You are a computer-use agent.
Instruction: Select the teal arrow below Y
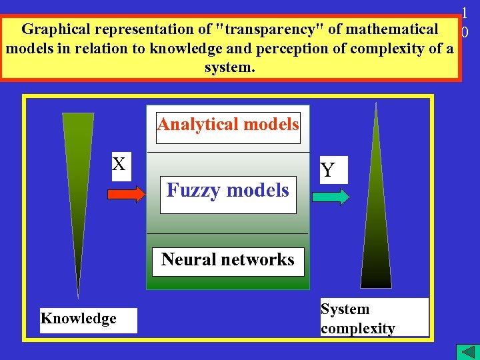(330, 197)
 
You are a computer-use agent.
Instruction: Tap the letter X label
(119, 164)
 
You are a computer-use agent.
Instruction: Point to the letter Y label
(327, 171)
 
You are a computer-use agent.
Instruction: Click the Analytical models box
(228, 125)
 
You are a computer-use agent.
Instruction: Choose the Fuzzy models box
(228, 191)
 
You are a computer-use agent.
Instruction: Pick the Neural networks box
(228, 260)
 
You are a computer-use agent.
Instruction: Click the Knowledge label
(79, 319)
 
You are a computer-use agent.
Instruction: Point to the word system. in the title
(230, 68)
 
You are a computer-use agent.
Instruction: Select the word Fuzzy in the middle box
(194, 191)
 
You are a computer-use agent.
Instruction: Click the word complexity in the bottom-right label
(358, 328)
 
